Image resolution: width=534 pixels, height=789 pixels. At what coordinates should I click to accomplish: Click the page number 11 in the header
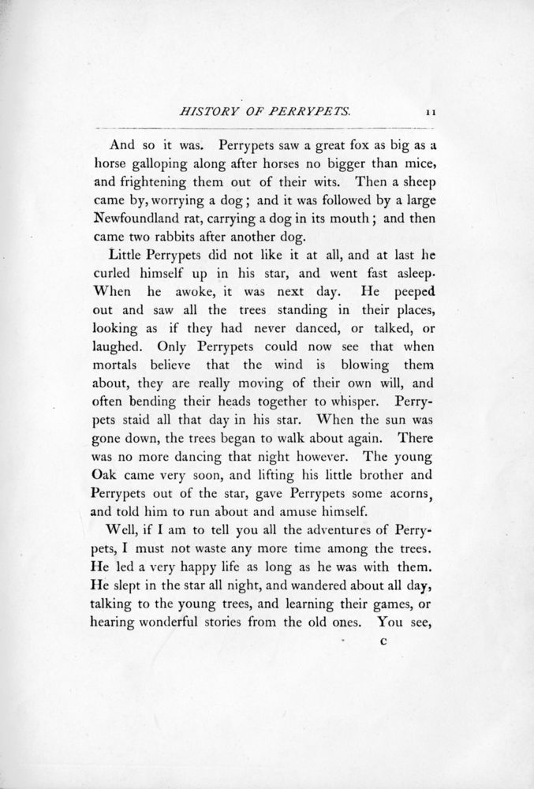[x=431, y=114]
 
